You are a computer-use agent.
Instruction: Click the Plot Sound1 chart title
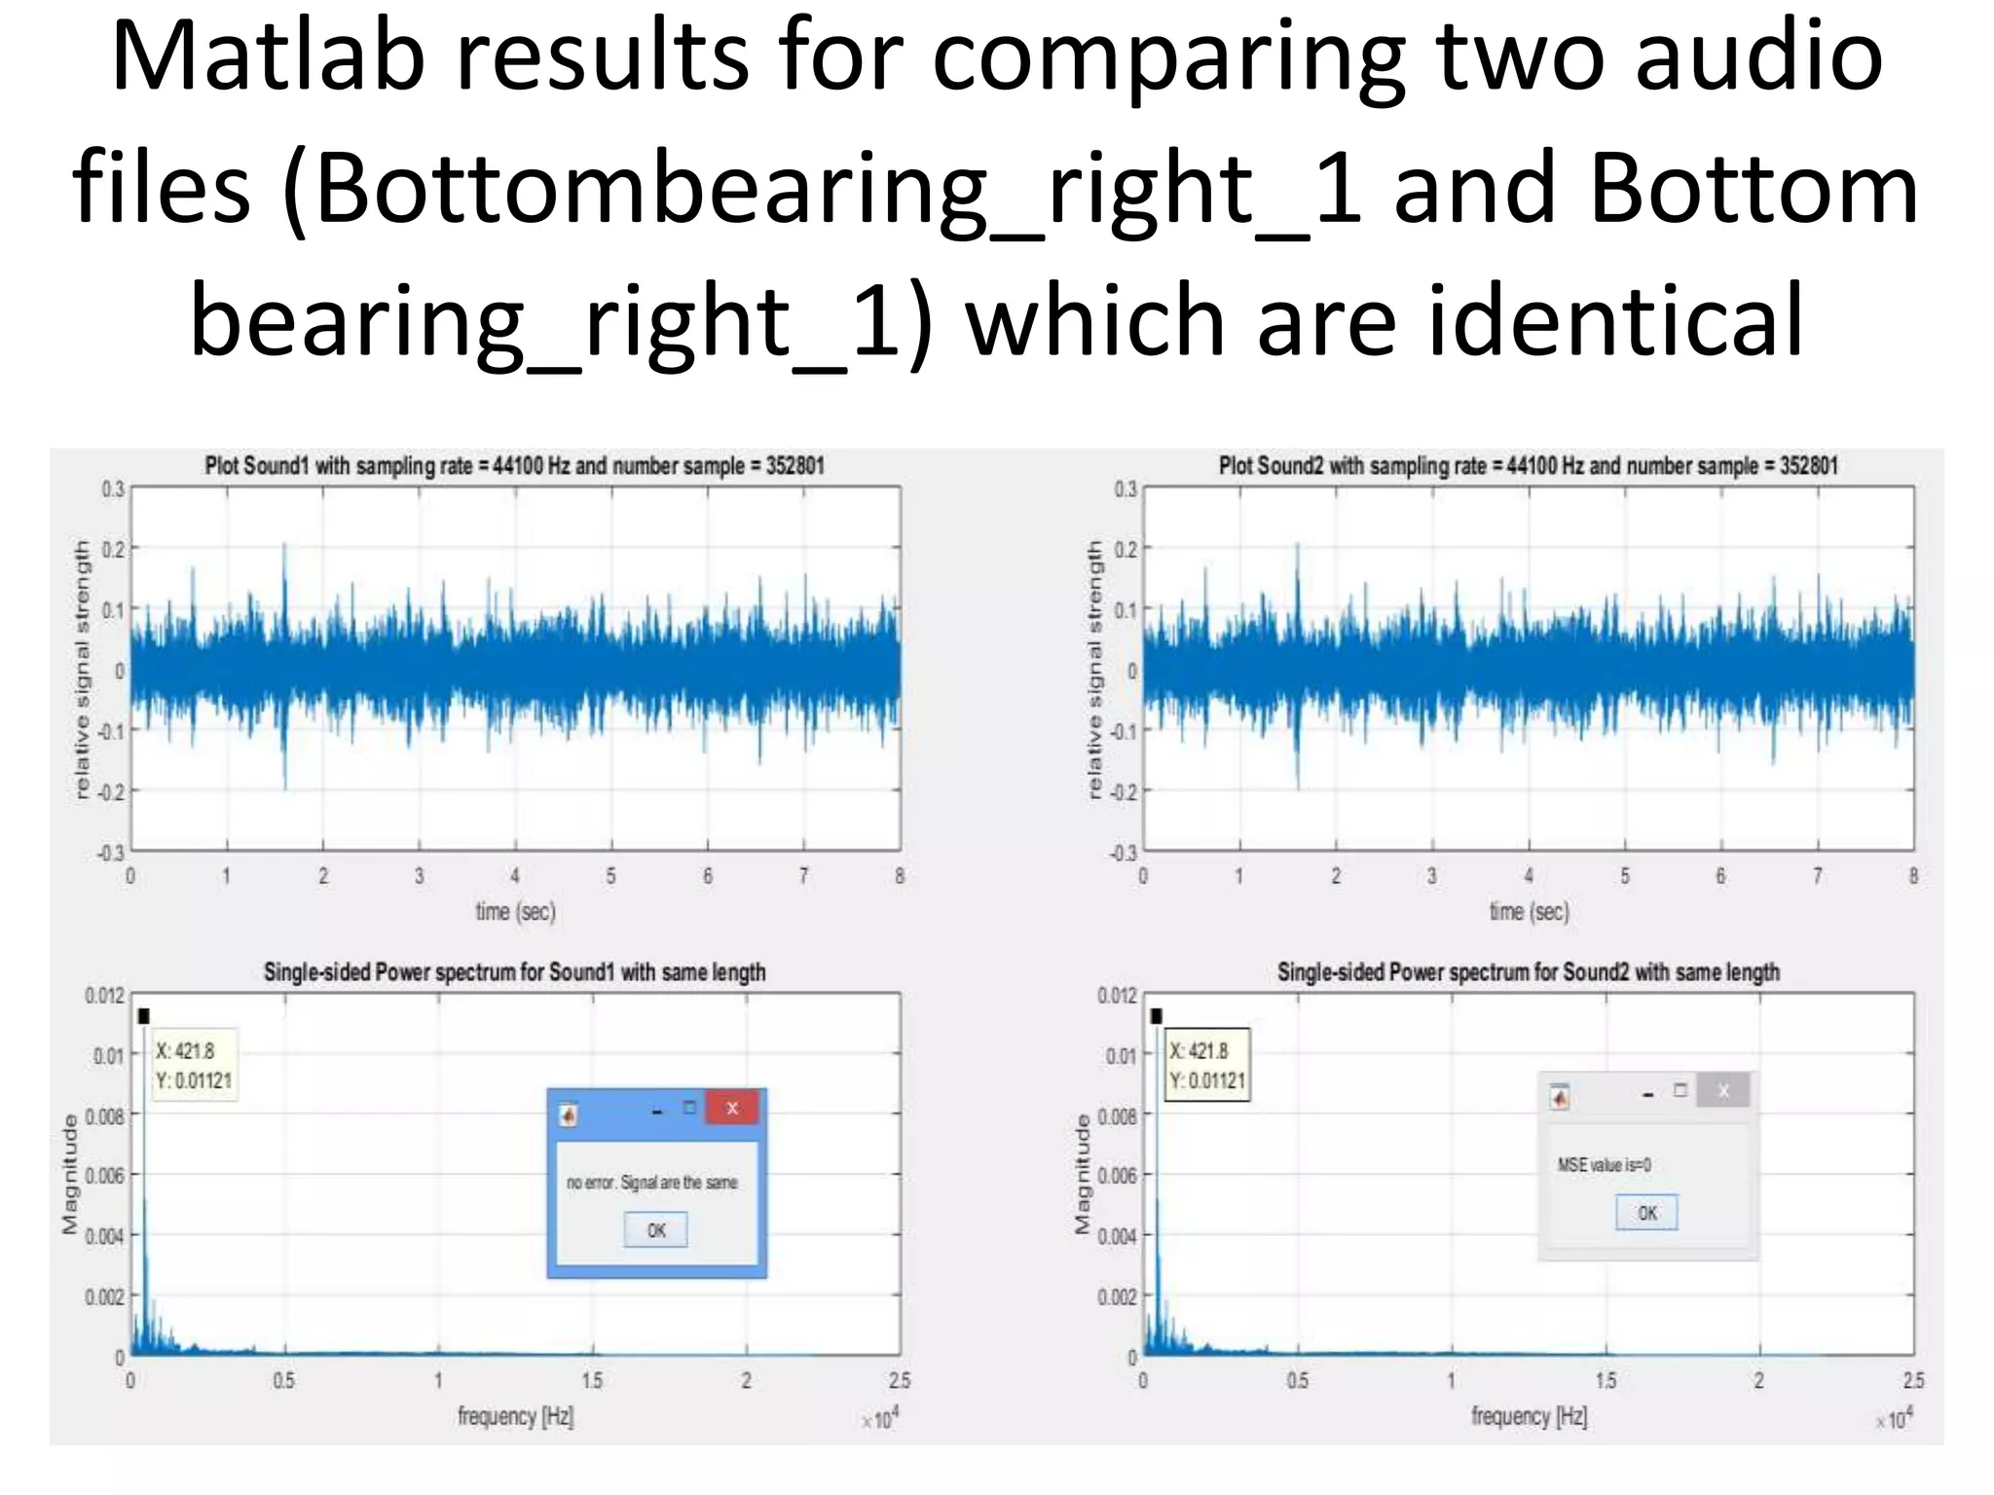[x=514, y=466]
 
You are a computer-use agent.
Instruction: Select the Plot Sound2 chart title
[x=1528, y=466]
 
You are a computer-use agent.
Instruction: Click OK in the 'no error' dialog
[x=655, y=1230]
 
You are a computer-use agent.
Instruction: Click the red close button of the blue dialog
[x=732, y=1108]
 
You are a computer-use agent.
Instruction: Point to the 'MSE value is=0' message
[x=1604, y=1165]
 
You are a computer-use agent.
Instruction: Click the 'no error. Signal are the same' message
[x=651, y=1183]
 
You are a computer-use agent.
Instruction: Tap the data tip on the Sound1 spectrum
[x=194, y=1066]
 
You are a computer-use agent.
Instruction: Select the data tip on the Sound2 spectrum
[x=1207, y=1066]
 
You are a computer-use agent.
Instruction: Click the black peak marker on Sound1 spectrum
[x=144, y=1016]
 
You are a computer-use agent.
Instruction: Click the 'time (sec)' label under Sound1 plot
[x=515, y=912]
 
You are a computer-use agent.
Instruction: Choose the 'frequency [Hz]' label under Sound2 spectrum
[x=1529, y=1417]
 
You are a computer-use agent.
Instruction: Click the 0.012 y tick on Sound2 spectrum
[x=1117, y=996]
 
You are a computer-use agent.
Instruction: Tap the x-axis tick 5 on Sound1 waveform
[x=611, y=876]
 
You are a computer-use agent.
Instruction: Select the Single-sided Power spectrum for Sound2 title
[x=1528, y=972]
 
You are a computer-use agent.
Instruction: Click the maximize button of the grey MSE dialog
[x=1680, y=1091]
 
